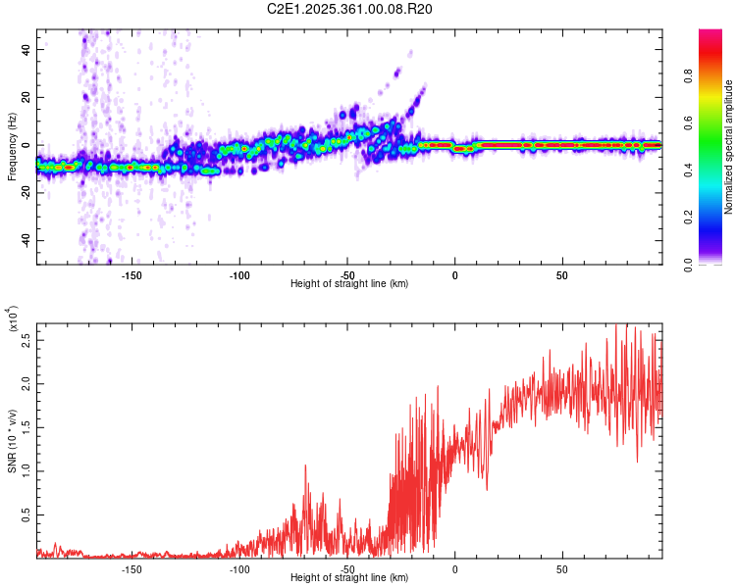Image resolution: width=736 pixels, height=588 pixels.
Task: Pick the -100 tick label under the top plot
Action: [239, 273]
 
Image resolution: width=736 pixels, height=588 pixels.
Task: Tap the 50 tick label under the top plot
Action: [561, 273]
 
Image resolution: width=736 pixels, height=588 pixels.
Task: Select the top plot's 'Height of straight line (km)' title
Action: [349, 283]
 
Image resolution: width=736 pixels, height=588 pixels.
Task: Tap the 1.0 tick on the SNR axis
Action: [26, 469]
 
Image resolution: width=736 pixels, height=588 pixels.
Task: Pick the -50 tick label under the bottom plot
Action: [346, 569]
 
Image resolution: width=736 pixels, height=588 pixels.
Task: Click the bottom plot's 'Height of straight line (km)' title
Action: [349, 579]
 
